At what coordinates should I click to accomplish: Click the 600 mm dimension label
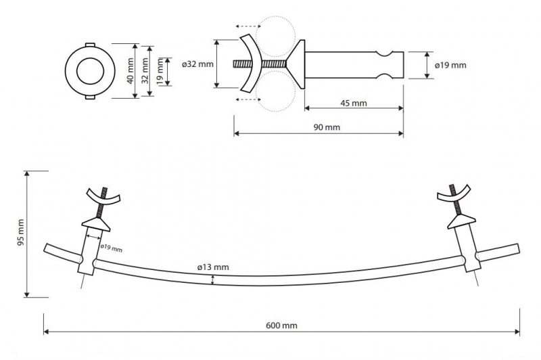(281, 325)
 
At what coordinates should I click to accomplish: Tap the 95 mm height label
(21, 232)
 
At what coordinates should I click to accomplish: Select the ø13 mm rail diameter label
(213, 267)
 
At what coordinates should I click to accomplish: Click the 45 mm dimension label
(354, 104)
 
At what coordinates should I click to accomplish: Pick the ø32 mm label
(197, 64)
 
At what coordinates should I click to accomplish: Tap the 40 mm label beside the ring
(130, 71)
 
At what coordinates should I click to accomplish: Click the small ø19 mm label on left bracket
(111, 248)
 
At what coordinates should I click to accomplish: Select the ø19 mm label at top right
(450, 65)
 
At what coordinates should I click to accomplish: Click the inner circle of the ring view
(91, 72)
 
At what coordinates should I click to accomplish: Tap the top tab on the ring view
(89, 45)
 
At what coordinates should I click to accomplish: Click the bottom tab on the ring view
(89, 98)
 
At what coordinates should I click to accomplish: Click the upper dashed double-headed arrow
(248, 26)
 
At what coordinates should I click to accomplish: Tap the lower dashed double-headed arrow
(248, 99)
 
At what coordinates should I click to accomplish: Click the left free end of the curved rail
(46, 249)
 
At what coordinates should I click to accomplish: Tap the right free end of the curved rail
(517, 249)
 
